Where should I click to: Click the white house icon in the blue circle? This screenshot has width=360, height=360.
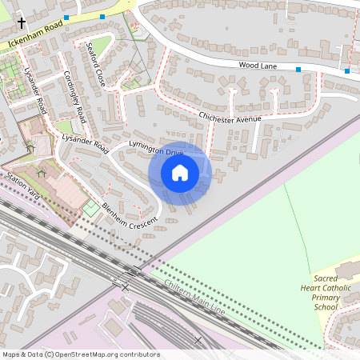point(180,172)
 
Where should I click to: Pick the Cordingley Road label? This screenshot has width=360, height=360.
point(74,93)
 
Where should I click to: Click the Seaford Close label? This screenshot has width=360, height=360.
point(96,63)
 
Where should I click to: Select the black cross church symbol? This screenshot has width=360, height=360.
point(21,24)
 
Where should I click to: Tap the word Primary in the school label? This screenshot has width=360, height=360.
point(326,296)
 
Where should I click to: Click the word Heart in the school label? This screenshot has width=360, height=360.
point(312,286)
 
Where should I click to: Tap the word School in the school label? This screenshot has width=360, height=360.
point(326,306)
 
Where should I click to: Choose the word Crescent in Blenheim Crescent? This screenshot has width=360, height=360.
point(143,221)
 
